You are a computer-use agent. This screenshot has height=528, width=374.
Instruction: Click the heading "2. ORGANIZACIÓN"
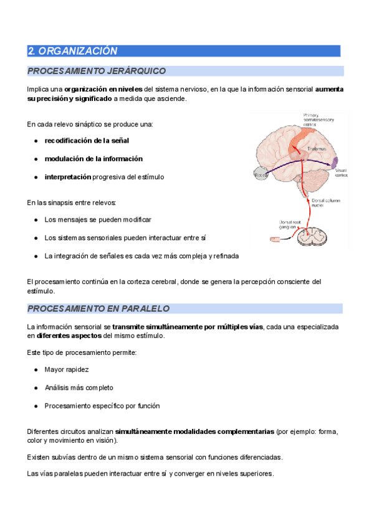[74, 51]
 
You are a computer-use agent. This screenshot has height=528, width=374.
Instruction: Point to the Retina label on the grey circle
[261, 176]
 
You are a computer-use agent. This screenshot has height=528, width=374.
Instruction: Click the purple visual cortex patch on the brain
[335, 162]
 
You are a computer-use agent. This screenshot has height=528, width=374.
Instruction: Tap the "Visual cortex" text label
[342, 173]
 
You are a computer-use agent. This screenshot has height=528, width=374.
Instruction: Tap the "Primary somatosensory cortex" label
[318, 120]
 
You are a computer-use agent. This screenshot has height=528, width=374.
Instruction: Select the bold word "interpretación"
[68, 177]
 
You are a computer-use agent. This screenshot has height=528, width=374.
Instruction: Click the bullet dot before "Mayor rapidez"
[36, 370]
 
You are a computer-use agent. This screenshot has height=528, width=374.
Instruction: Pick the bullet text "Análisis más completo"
[79, 387]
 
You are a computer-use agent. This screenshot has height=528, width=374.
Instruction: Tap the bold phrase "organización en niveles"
[103, 90]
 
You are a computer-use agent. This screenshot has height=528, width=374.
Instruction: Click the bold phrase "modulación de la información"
[93, 159]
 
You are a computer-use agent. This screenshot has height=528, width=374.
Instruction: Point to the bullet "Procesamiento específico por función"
[102, 406]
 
